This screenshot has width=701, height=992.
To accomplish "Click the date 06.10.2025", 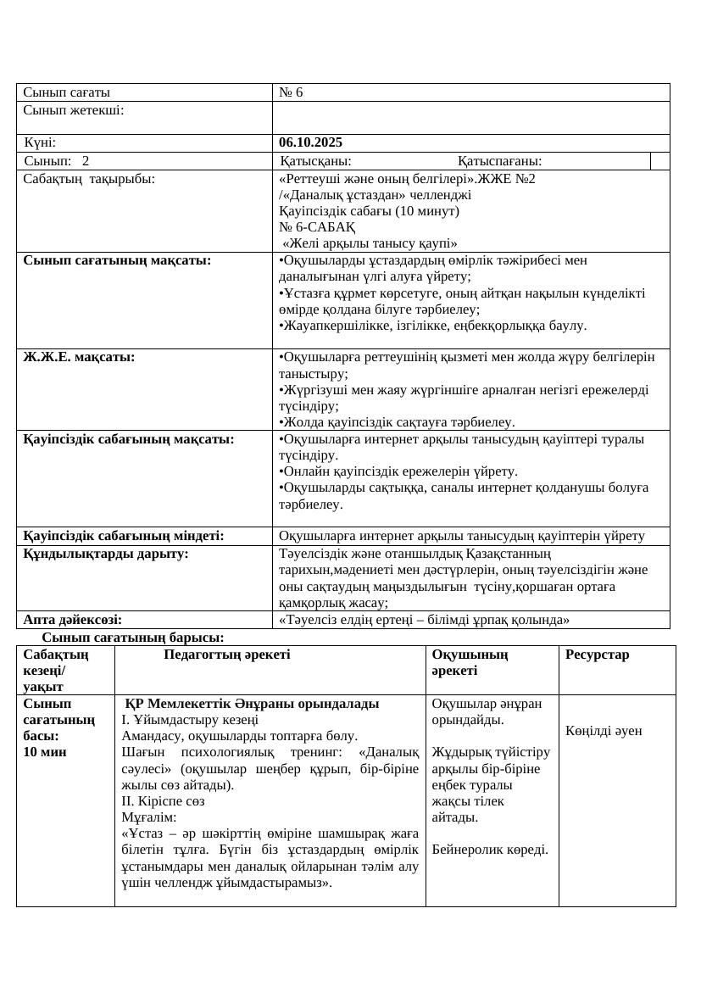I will (x=310, y=142).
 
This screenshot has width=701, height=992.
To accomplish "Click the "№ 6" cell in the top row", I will (x=291, y=92).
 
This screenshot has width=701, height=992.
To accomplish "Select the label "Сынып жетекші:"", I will (x=74, y=109).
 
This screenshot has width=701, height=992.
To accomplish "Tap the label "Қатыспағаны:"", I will (x=499, y=161).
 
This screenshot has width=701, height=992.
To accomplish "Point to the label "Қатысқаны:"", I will (x=316, y=161).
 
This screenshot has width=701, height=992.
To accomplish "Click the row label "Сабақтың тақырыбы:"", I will (x=89, y=179).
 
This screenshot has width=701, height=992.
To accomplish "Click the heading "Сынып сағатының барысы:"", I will (x=133, y=637).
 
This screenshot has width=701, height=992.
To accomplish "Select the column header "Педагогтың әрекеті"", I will (x=226, y=655).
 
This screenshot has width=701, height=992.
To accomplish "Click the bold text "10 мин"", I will (x=45, y=752).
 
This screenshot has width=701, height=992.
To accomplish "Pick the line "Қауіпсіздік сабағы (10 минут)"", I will (x=369, y=211).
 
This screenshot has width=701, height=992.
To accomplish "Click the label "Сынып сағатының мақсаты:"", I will (x=117, y=260).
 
